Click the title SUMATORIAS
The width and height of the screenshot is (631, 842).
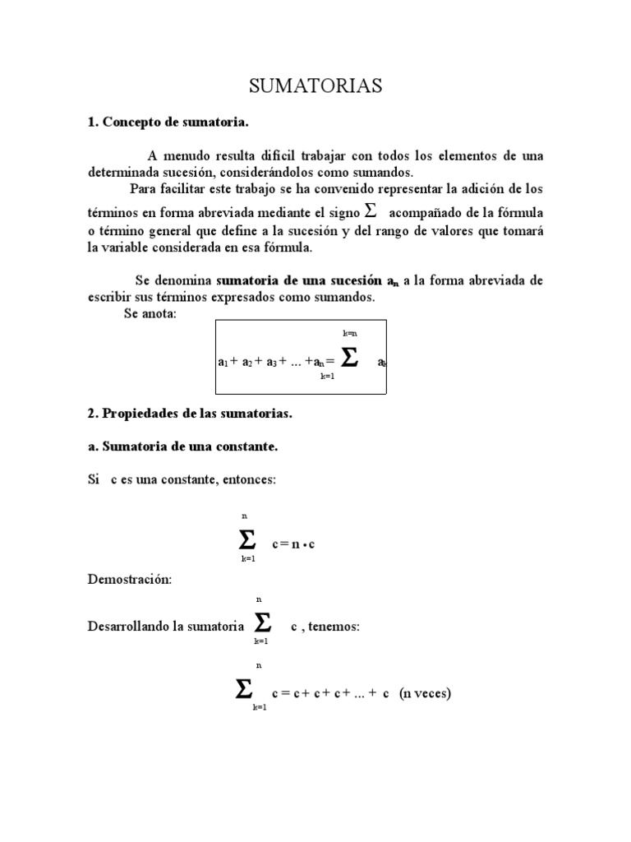(315, 86)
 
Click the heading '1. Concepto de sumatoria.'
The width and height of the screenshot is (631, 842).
(168, 123)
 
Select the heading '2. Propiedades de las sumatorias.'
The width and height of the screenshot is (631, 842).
(190, 414)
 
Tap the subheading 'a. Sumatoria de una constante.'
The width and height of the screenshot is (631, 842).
(182, 446)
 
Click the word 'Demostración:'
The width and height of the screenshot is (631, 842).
(130, 579)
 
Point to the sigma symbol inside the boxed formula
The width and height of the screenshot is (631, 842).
(349, 358)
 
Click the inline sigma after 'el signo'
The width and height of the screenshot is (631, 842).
(371, 210)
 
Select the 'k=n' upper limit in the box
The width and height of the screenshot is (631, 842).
(349, 333)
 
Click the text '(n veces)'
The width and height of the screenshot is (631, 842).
(425, 693)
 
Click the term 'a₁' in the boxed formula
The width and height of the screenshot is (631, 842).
(223, 361)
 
